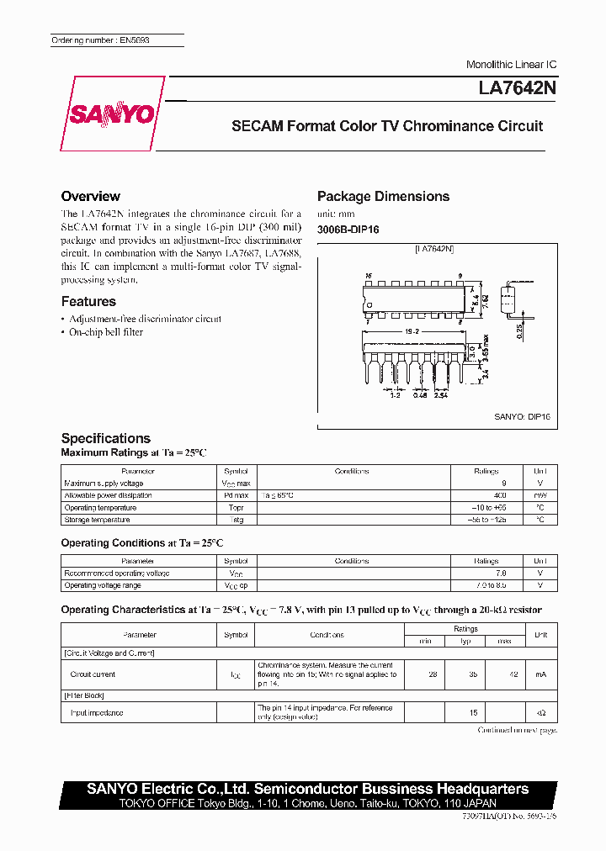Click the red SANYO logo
click(x=112, y=114)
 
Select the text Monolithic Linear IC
click(x=511, y=65)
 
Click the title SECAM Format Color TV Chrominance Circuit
click(x=387, y=126)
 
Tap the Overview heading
click(x=91, y=196)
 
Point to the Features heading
click(x=88, y=301)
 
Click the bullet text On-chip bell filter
click(x=106, y=332)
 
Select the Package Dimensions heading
click(x=383, y=196)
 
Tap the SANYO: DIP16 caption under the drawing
click(x=522, y=416)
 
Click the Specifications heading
click(x=106, y=438)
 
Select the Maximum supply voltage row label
click(x=104, y=484)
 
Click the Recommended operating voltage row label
click(x=117, y=573)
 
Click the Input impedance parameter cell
click(x=97, y=713)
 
